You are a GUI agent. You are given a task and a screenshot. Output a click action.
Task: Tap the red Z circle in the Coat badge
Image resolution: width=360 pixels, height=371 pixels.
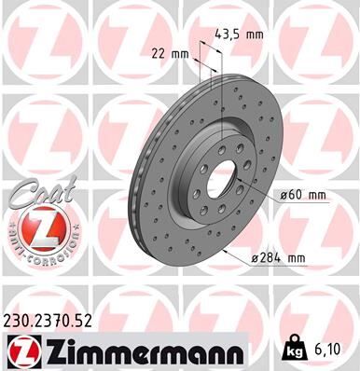click(x=35, y=227)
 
